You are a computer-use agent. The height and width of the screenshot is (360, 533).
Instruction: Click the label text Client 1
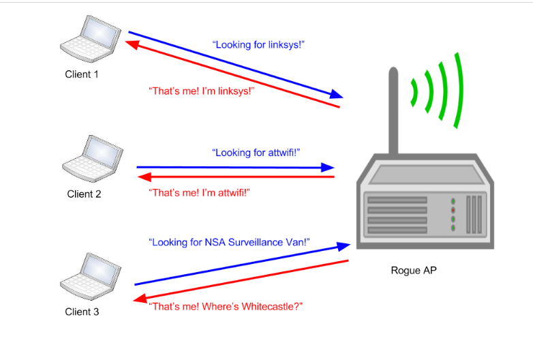82,74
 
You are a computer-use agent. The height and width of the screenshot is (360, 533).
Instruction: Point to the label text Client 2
84,194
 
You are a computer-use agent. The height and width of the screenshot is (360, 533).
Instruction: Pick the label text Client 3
82,312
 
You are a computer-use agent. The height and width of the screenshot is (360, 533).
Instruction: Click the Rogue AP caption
413,270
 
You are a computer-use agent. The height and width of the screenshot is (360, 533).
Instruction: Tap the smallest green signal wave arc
414,93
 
